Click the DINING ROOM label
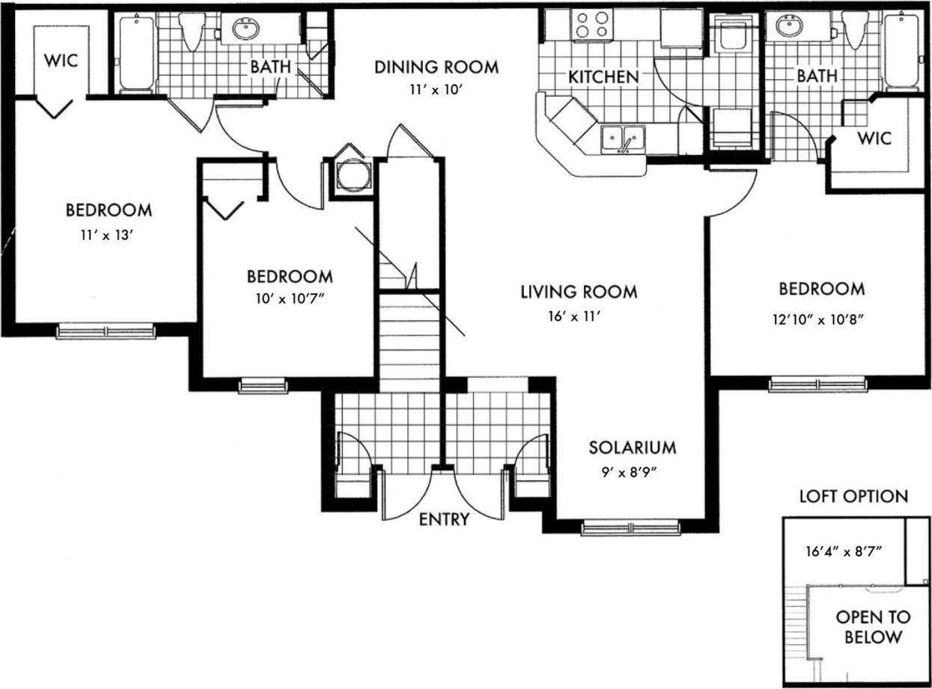[436, 67]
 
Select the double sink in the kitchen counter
[623, 138]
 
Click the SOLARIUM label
[632, 447]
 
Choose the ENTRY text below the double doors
[443, 519]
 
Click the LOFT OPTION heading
[853, 496]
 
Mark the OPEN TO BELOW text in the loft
[873, 628]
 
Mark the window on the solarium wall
[630, 528]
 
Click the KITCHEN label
[603, 76]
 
